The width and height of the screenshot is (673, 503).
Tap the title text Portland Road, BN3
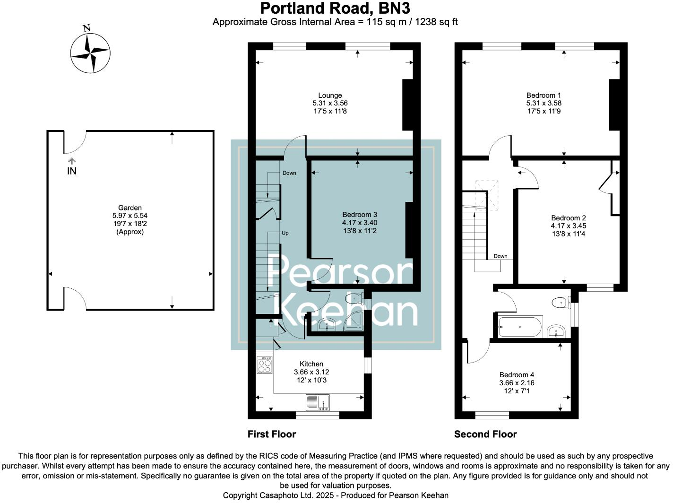[335, 9]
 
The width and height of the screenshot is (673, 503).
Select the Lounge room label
[330, 95]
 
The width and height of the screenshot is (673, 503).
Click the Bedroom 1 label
[544, 95]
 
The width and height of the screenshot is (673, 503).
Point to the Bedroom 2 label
[569, 218]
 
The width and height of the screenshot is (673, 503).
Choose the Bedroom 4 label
[517, 375]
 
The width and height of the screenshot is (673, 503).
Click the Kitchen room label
[311, 364]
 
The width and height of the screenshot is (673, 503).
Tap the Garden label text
[130, 208]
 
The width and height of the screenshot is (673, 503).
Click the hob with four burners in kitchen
[265, 365]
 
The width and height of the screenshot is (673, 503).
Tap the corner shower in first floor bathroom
[354, 322]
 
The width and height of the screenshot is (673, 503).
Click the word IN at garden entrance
[72, 172]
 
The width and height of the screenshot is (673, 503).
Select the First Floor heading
[272, 434]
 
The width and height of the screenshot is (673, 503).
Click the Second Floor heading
[485, 434]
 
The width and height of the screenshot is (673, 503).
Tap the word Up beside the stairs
[285, 233]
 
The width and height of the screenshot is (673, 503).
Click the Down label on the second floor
[500, 256]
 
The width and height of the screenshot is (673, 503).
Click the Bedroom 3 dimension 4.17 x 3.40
[360, 223]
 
